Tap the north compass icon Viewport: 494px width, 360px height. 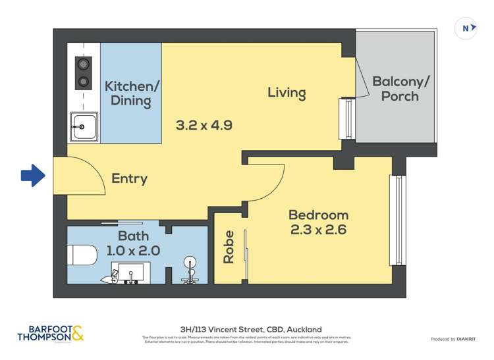(466, 28)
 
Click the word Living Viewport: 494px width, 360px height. (287, 92)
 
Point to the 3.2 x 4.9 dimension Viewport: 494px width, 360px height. (204, 124)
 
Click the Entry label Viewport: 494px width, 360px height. (129, 178)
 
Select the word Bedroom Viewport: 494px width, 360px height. (318, 215)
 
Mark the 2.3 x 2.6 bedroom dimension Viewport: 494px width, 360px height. (318, 230)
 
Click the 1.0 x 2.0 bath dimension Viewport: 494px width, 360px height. (133, 250)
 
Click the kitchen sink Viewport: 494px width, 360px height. (85, 126)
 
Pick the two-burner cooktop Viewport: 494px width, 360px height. (84, 73)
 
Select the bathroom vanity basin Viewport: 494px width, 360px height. (130, 272)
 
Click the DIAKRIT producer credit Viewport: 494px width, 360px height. (454, 339)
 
